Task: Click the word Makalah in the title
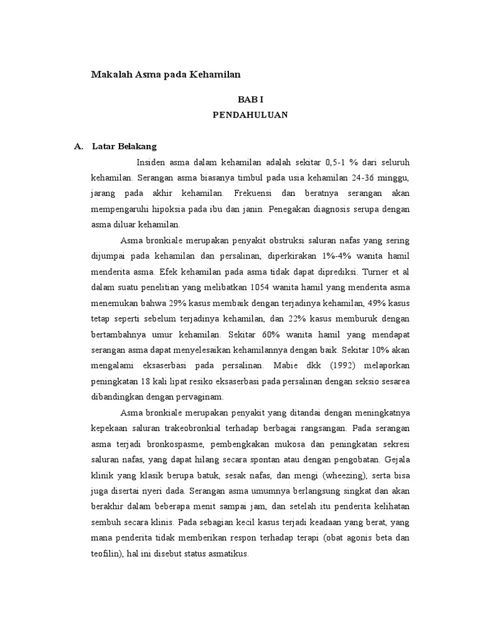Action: pos(111,74)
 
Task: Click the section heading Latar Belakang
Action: pos(124,147)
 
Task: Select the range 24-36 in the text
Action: pos(359,178)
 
